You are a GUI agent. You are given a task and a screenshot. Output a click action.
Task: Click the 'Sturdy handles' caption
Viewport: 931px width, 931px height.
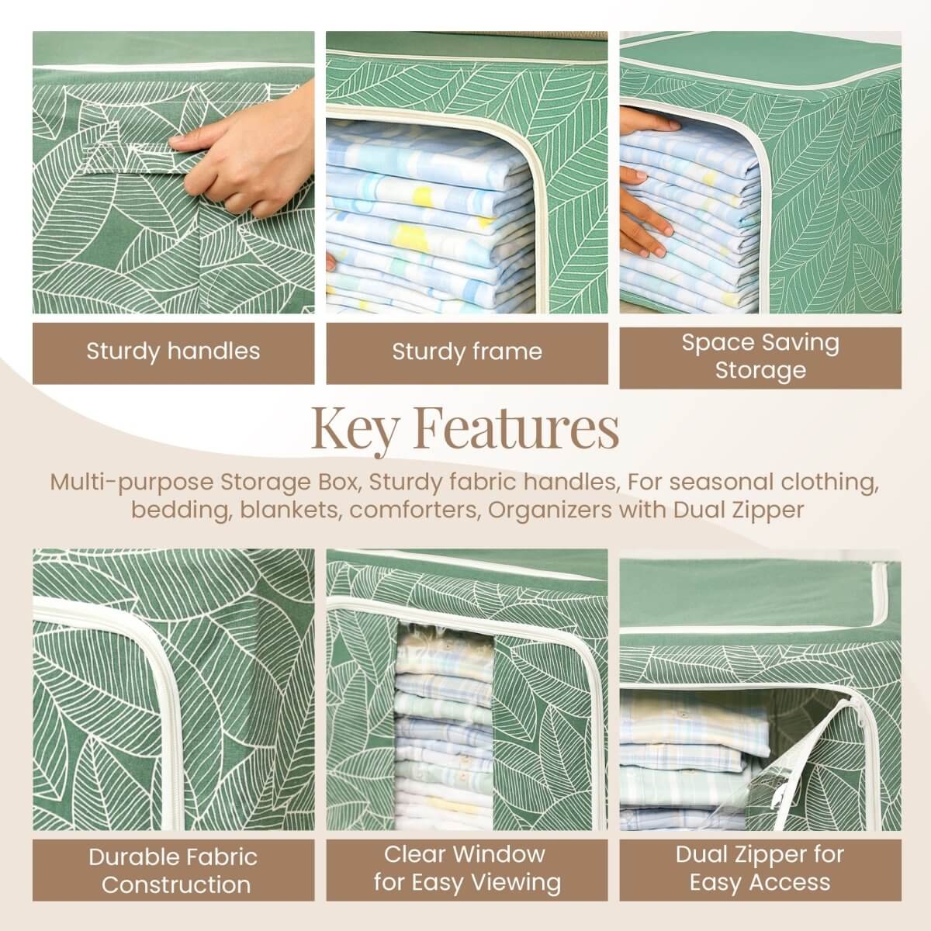173,351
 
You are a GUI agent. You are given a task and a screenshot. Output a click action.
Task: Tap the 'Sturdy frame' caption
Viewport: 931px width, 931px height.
466,352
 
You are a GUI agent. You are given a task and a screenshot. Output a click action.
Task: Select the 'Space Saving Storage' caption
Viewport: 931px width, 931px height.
760,356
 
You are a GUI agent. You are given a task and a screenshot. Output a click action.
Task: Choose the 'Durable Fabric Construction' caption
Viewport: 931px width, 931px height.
173,870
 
